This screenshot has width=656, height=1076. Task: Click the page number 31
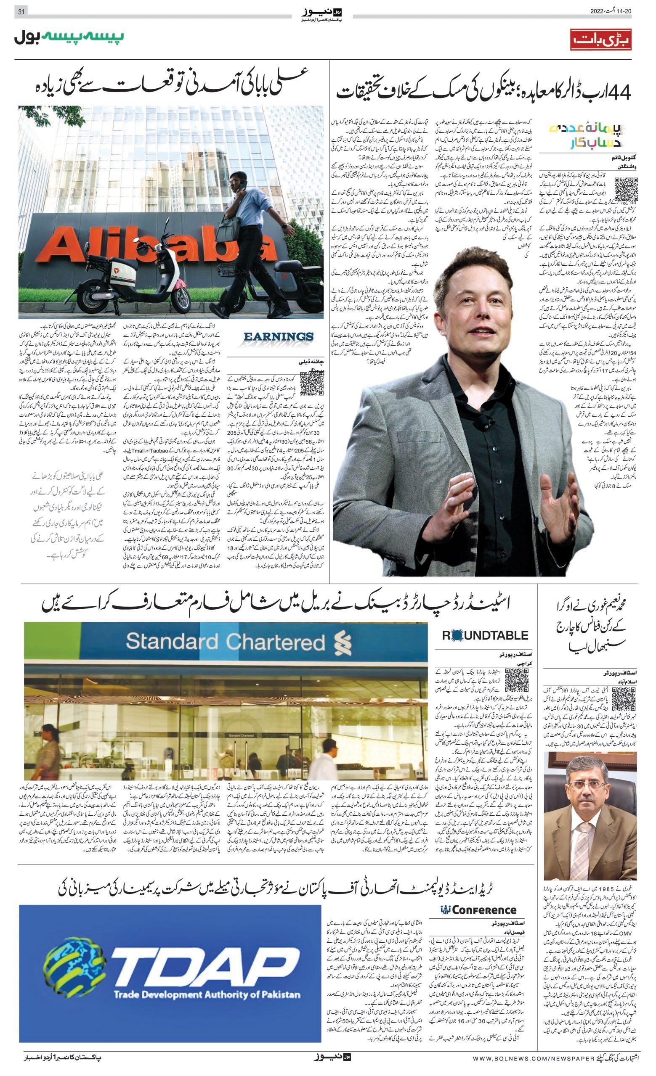coord(20,12)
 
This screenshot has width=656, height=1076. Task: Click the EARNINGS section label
coord(279,338)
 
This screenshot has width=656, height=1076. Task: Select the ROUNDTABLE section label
coord(485,635)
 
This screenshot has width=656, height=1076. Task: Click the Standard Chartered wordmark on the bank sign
coord(226,642)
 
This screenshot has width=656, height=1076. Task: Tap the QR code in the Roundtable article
coord(517,680)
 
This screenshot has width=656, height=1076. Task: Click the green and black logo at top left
coord(69,38)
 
